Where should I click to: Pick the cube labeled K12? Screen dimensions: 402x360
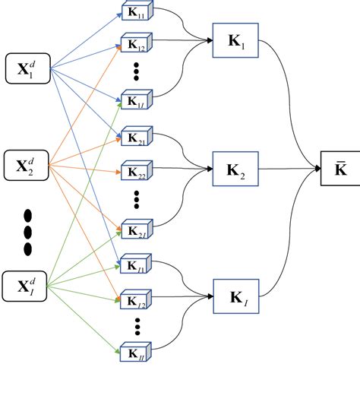(x=136, y=43)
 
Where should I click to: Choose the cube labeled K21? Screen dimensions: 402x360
(x=136, y=138)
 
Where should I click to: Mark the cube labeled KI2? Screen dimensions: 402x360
(x=136, y=303)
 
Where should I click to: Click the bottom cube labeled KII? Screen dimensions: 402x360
(x=136, y=353)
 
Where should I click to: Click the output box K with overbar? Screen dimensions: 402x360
(x=339, y=169)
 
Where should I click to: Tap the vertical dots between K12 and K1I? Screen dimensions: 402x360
(x=136, y=70)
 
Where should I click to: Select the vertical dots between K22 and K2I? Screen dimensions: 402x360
(x=136, y=201)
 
